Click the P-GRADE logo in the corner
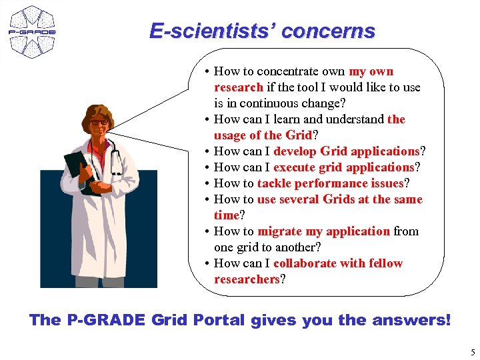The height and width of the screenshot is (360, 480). tap(31, 31)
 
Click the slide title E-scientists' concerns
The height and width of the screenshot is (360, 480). tap(262, 31)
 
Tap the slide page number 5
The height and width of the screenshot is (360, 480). tap(472, 352)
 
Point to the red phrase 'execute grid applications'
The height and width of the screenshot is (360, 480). tap(343, 167)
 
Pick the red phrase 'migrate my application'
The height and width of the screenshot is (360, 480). tap(323, 231)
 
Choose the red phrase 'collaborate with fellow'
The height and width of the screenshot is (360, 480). tap(338, 263)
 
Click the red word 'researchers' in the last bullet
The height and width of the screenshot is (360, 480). tap(246, 279)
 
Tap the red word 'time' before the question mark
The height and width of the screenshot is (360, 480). tap(226, 215)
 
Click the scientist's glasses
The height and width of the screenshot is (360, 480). tap(99, 123)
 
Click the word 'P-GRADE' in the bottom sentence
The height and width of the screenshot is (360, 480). tap(105, 320)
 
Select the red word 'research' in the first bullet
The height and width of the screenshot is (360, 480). tap(238, 87)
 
